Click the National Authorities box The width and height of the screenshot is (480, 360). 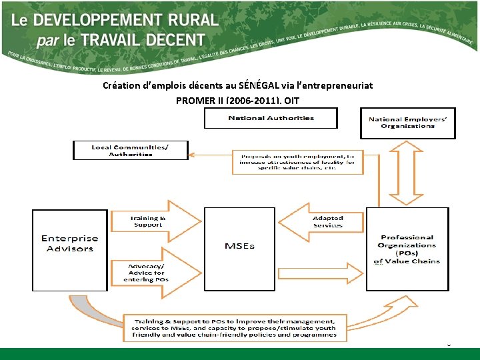[x=271, y=118]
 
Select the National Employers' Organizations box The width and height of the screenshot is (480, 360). [x=407, y=123]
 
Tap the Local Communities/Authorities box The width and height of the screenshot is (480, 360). [x=131, y=150]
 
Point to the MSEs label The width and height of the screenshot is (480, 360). [x=239, y=246]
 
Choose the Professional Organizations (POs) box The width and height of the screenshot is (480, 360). [x=407, y=249]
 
